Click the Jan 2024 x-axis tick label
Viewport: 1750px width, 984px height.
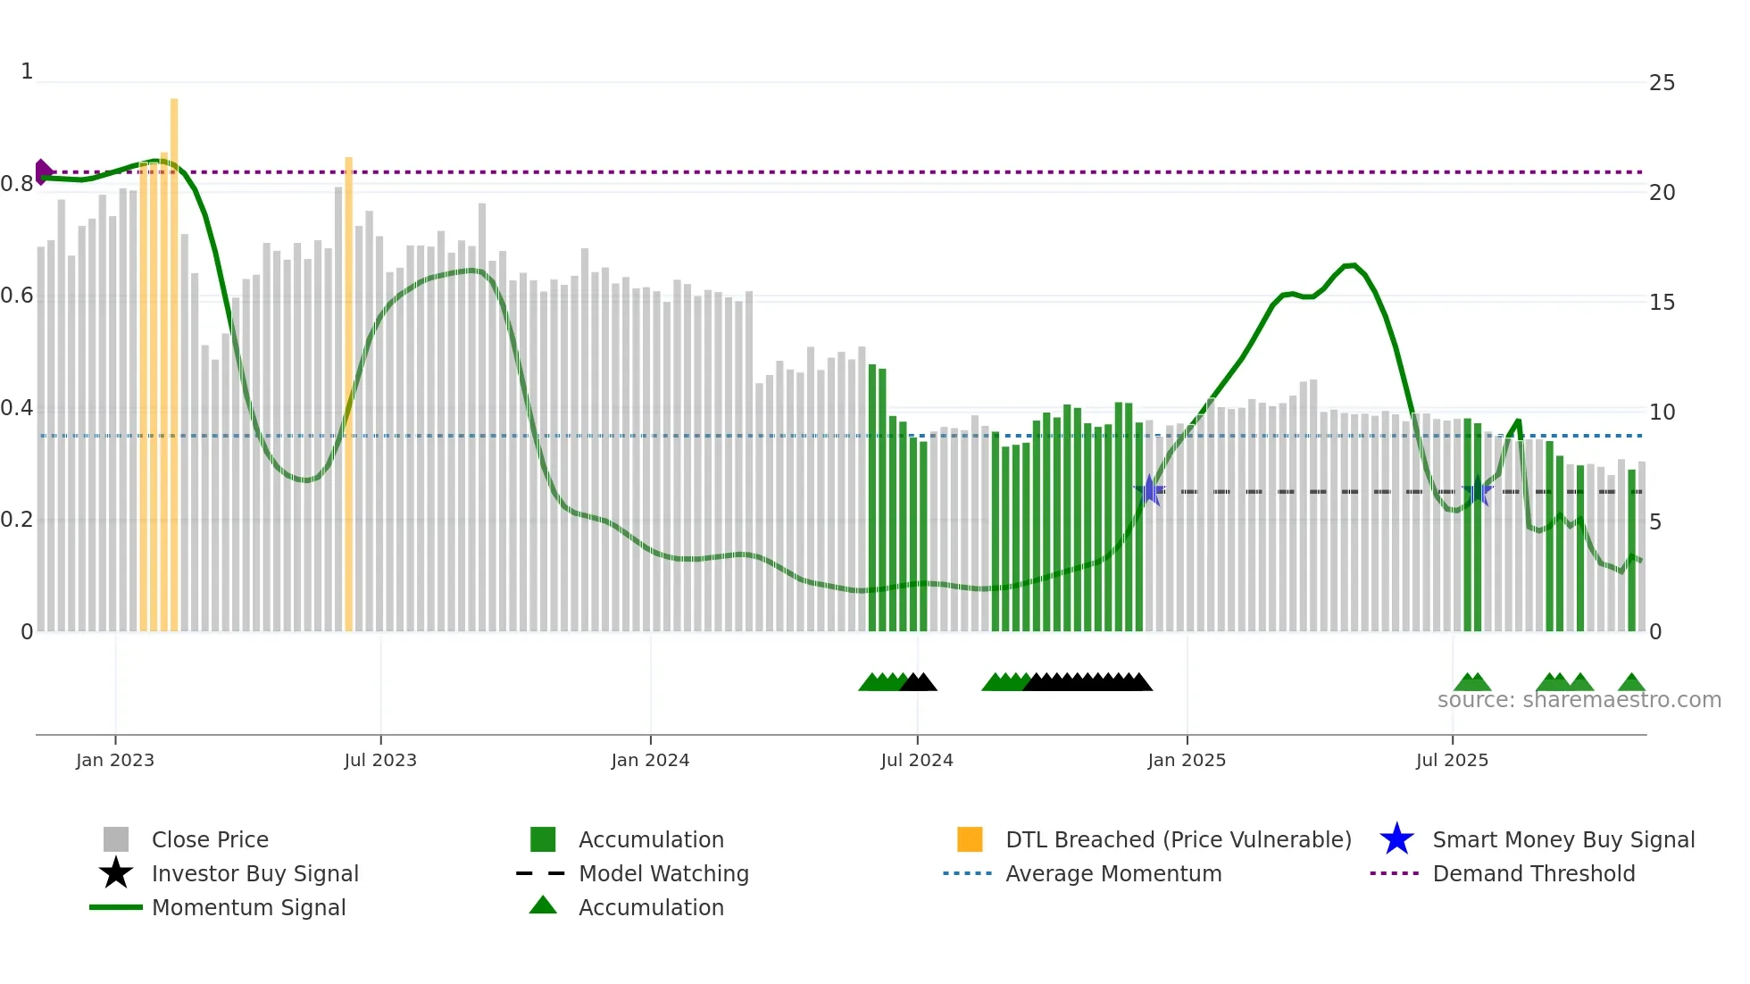[650, 760]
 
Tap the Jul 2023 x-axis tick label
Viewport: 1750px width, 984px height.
[380, 760]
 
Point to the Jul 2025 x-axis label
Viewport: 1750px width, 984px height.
[1452, 760]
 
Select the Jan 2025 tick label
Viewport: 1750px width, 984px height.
[1187, 760]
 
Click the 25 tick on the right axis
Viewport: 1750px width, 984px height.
[1662, 83]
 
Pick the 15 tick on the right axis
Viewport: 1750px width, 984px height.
[1662, 303]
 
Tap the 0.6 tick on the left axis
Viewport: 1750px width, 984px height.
[17, 296]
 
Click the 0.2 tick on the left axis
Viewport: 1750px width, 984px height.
[17, 520]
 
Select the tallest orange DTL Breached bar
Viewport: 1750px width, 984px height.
[174, 357]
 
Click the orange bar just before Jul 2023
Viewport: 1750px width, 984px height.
[348, 393]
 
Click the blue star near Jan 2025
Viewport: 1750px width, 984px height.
[1150, 490]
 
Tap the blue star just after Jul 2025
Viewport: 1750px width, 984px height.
[1478, 490]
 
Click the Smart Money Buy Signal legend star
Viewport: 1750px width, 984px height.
[1396, 839]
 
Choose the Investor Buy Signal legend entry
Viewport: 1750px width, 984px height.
[254, 873]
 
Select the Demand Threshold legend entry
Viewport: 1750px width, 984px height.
[1533, 873]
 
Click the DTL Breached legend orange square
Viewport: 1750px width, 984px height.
[970, 839]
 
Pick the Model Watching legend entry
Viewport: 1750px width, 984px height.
[662, 873]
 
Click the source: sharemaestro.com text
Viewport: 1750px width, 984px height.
[1579, 700]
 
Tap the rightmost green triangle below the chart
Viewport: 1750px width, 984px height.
[1631, 683]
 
